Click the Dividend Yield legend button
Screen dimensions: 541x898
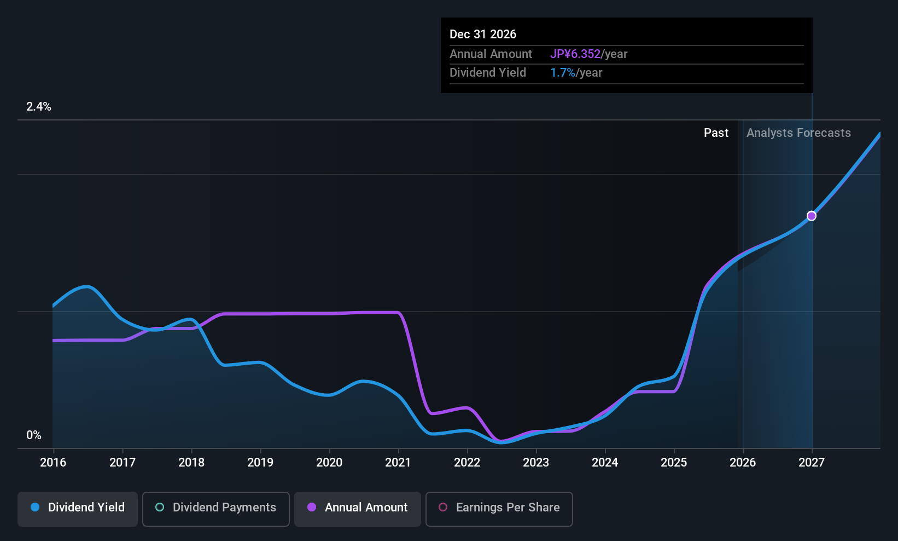[78, 508]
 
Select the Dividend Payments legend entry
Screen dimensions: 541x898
[215, 508]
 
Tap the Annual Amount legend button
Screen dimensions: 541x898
[358, 508]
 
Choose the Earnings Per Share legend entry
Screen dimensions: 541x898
[499, 508]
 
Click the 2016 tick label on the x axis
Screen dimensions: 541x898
[53, 463]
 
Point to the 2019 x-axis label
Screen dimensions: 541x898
[260, 463]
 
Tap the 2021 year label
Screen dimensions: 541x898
[398, 463]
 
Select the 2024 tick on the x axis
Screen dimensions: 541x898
[605, 463]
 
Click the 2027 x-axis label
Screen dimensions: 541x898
[812, 463]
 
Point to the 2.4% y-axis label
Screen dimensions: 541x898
[39, 107]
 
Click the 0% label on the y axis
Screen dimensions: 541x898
[34, 435]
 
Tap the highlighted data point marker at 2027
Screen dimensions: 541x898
[812, 216]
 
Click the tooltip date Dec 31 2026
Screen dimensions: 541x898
[483, 34]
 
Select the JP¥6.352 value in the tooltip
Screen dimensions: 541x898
[575, 54]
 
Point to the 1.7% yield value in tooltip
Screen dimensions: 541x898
[563, 73]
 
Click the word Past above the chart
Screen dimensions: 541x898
[716, 133]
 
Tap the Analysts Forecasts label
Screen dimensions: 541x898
[798, 133]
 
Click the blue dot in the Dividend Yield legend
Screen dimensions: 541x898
[35, 507]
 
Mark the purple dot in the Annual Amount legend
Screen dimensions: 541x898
[312, 507]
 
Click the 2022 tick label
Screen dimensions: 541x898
[467, 463]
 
